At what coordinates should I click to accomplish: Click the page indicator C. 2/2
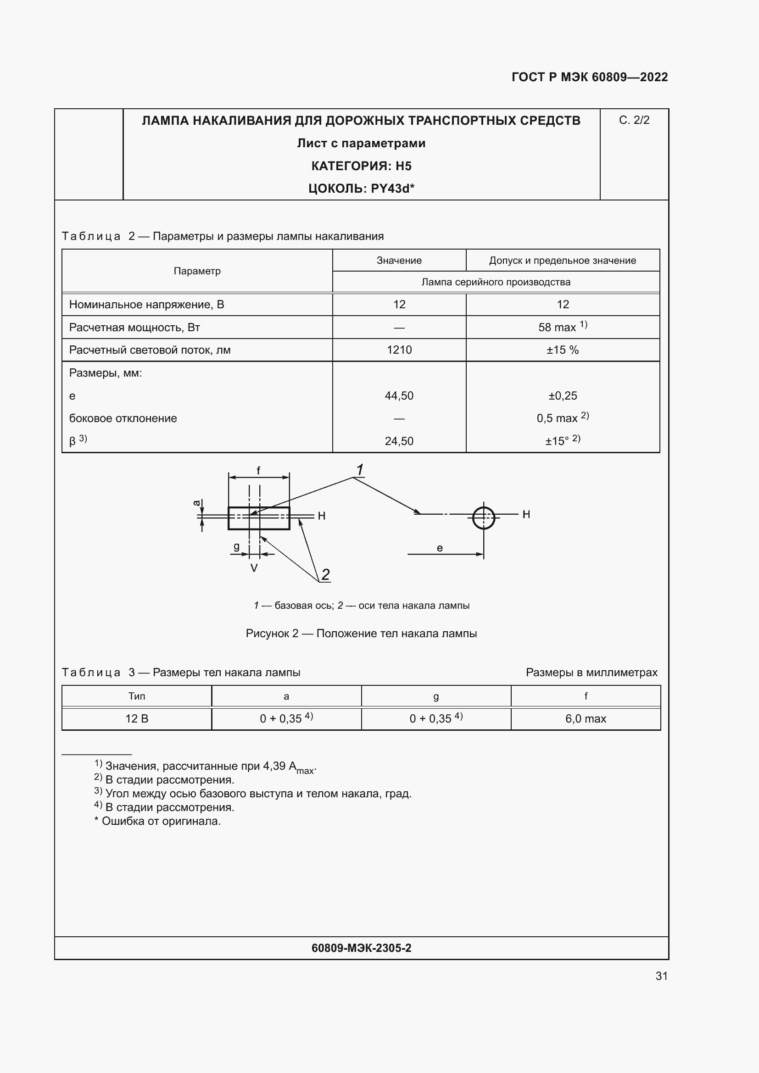click(x=634, y=121)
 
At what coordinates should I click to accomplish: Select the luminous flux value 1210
click(x=399, y=350)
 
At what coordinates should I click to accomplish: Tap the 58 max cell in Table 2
click(x=562, y=327)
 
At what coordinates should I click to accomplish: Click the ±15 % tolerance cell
click(x=562, y=350)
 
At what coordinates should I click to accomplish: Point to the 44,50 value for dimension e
click(x=399, y=396)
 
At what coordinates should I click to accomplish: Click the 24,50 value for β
click(x=399, y=441)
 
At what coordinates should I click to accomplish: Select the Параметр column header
click(x=197, y=271)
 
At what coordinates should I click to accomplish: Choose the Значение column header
click(x=399, y=260)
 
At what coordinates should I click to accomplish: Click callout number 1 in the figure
click(x=360, y=470)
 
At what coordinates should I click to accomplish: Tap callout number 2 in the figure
click(x=326, y=574)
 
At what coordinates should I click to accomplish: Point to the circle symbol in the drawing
click(x=483, y=518)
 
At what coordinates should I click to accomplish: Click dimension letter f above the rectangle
click(x=258, y=471)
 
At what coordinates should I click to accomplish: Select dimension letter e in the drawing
click(x=439, y=548)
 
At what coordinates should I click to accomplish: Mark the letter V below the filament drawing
click(x=254, y=568)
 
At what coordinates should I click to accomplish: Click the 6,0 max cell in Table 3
click(x=585, y=719)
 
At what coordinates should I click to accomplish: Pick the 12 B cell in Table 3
click(x=136, y=719)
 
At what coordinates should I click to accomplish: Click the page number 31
click(x=661, y=976)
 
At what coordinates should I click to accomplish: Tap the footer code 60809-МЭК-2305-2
click(x=361, y=948)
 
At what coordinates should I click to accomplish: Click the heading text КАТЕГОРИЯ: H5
click(x=361, y=166)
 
